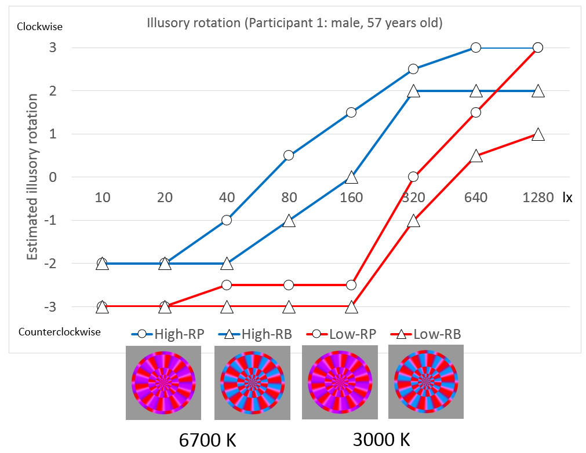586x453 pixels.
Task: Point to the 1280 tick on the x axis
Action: pos(537,198)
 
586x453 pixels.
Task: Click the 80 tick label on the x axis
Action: pos(289,198)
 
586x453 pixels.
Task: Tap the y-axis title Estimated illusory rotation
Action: pos(34,177)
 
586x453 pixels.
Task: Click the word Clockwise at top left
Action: pos(40,27)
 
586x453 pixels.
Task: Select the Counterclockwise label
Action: pos(60,332)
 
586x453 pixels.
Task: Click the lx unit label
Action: pos(567,198)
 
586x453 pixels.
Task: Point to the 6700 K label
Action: pos(207,440)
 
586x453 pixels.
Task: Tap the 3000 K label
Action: pos(381,440)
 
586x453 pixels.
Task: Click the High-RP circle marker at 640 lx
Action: pos(475,48)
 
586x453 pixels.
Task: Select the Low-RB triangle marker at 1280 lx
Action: pos(537,134)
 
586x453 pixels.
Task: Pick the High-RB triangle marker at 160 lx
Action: pos(351,177)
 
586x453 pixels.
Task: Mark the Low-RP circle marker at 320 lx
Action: pos(413,177)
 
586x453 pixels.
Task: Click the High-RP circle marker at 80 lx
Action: pos(289,155)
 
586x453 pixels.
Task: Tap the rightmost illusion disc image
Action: pos(425,381)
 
